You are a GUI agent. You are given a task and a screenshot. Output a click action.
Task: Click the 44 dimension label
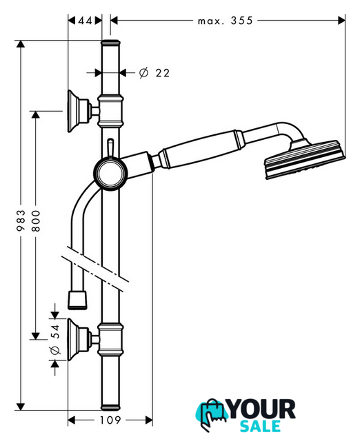[85, 21]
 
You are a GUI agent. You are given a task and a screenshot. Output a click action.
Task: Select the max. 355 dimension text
[226, 21]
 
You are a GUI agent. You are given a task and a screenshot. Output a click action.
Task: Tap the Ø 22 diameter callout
[154, 73]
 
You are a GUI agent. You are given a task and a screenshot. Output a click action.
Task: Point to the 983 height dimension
[21, 220]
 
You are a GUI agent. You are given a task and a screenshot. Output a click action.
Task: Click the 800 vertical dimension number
[36, 220]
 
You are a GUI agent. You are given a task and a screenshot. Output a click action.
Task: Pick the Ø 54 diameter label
[55, 339]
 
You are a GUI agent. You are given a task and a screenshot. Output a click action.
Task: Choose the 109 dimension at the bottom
[110, 420]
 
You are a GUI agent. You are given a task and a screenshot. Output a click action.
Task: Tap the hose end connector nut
[77, 300]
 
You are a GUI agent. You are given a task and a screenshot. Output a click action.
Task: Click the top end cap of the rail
[110, 43]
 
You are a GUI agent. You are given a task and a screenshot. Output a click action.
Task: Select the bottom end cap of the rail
[110, 407]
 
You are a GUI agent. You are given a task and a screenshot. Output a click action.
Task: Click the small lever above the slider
[110, 147]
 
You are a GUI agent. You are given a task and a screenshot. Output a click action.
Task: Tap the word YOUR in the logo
[261, 409]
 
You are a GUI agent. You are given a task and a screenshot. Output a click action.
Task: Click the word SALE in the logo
[260, 427]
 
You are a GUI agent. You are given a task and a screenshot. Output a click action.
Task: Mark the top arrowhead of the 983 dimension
[21, 44]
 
